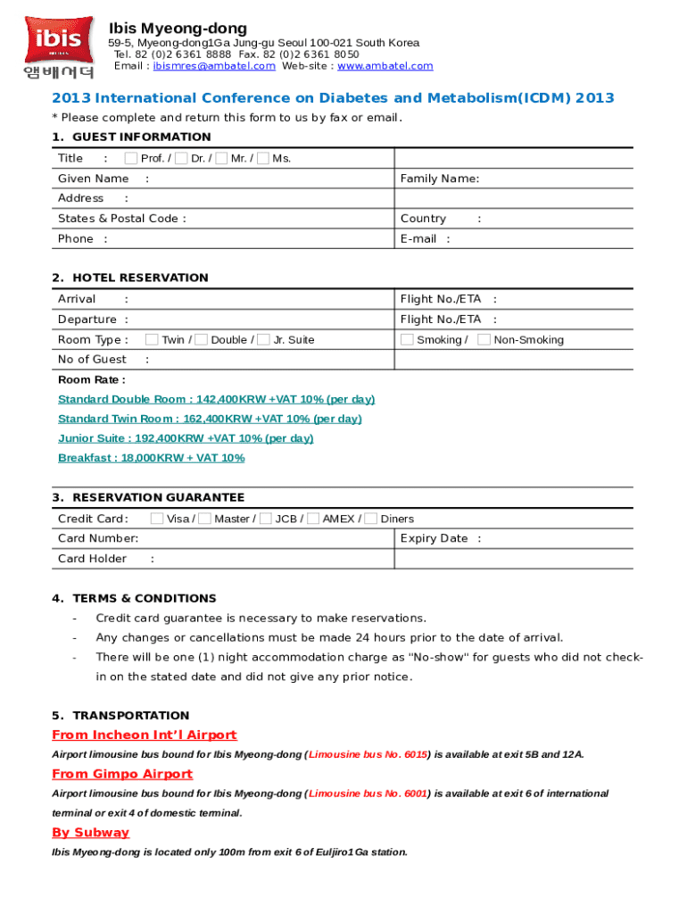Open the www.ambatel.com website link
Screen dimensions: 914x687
point(385,66)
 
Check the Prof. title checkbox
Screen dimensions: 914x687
point(131,159)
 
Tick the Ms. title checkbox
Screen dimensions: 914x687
point(262,159)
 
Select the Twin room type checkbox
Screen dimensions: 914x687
point(152,339)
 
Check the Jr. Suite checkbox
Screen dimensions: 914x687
point(263,339)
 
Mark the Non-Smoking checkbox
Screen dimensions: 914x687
point(484,339)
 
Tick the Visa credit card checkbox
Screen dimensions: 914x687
point(157,519)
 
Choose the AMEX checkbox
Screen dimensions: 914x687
point(312,519)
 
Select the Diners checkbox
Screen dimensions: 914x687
point(371,519)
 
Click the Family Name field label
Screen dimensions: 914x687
point(440,179)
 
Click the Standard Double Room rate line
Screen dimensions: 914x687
point(216,399)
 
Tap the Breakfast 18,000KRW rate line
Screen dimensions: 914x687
point(151,458)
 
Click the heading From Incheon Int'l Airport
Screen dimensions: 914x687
point(145,735)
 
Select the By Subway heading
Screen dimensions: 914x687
point(90,833)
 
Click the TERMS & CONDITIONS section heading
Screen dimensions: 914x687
point(145,598)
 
